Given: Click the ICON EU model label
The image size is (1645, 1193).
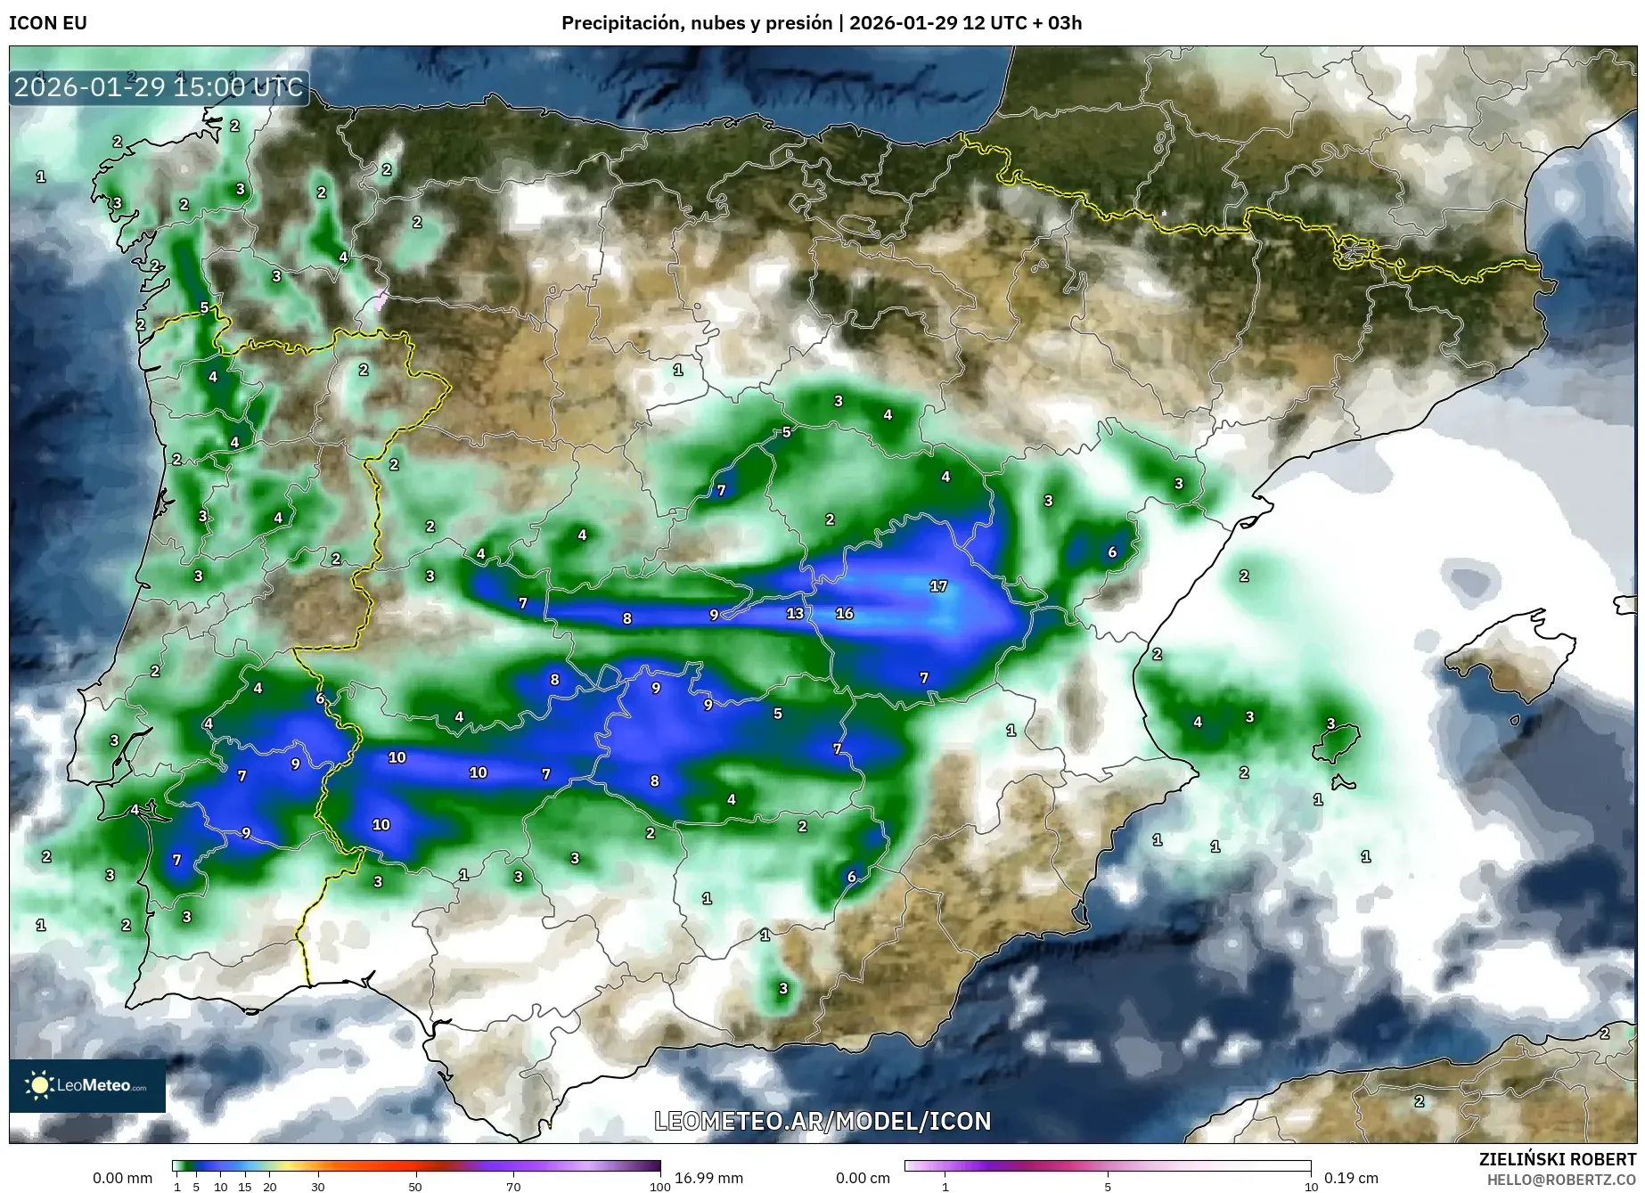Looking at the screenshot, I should point(48,23).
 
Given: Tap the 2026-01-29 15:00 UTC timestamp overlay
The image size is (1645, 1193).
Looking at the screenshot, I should point(159,88).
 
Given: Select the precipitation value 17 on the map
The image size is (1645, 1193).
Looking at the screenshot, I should point(938,586).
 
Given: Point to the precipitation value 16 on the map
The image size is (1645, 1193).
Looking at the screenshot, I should point(845,613).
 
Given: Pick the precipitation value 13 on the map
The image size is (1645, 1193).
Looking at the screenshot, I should point(795,613).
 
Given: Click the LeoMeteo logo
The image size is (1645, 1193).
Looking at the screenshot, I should point(87,1085).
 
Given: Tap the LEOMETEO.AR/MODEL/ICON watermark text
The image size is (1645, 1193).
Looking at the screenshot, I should point(822,1121).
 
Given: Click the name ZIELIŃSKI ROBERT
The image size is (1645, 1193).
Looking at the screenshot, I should point(1558,1160).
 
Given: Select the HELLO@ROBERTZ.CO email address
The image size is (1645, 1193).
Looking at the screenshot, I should point(1561,1180).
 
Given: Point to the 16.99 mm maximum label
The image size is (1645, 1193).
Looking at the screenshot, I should point(708,1178).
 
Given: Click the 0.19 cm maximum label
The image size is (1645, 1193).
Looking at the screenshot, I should point(1351,1178).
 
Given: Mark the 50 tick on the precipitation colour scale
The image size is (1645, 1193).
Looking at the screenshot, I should point(415,1187).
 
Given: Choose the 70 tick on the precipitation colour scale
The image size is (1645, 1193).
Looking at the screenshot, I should point(513,1187).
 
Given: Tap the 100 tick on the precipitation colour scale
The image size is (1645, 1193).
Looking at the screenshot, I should point(659,1187).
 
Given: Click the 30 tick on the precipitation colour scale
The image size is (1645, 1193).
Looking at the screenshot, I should point(318,1187).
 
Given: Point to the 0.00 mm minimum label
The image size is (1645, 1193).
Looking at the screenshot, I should point(123,1178).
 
